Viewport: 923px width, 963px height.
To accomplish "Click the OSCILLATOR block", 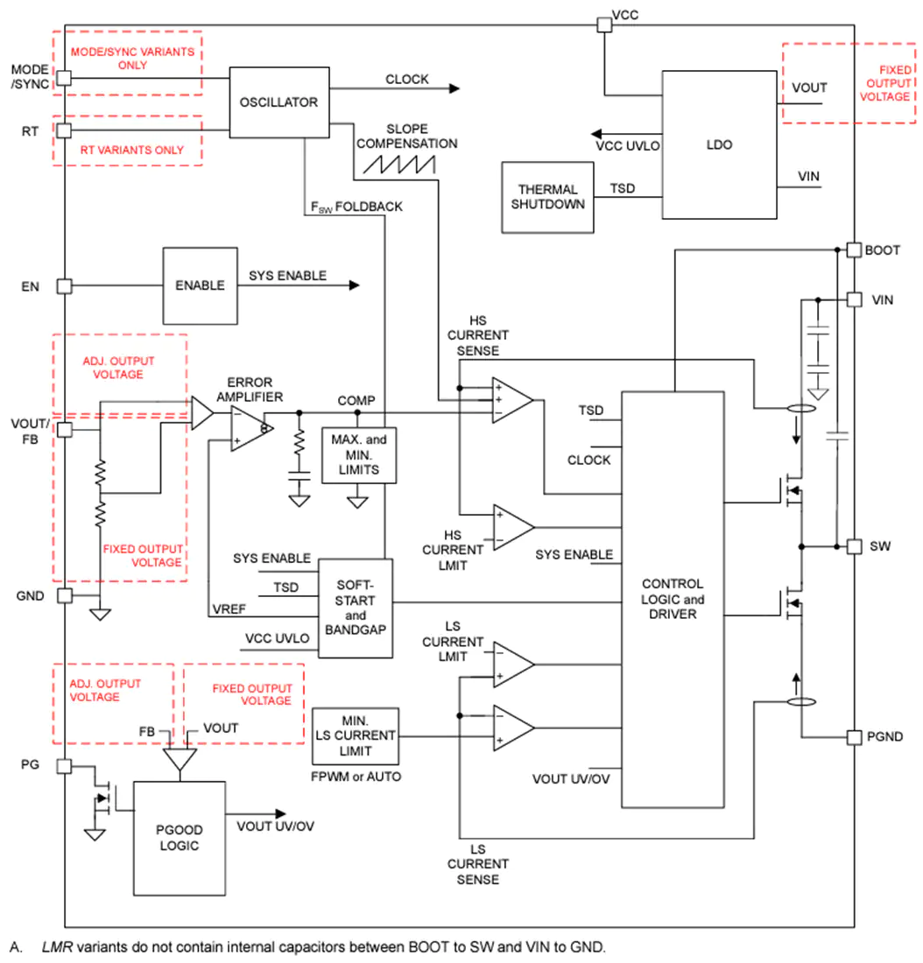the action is click(279, 102).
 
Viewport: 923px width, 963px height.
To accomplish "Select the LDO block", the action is click(719, 144).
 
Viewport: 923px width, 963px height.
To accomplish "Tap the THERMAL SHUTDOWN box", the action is click(547, 197).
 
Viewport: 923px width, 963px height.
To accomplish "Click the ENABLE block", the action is click(200, 285).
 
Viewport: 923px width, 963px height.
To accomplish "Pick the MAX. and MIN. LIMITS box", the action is click(359, 455).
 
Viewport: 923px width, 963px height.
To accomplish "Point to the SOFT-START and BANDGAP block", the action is click(356, 608).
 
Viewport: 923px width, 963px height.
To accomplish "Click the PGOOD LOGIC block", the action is click(180, 838).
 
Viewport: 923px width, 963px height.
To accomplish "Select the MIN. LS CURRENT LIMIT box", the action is click(356, 735).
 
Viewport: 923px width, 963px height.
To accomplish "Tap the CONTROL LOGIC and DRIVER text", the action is click(673, 599).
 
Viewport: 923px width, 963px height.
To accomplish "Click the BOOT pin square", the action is click(854, 250).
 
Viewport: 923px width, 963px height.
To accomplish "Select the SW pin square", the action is click(854, 546).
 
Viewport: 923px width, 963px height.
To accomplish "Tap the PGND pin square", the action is click(854, 737).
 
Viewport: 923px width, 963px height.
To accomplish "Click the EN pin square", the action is click(65, 286).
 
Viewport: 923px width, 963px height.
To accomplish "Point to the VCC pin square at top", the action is click(605, 25).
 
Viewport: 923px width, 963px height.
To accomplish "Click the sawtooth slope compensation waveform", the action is click(399, 164).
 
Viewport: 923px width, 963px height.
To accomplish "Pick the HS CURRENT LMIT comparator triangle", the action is click(514, 528).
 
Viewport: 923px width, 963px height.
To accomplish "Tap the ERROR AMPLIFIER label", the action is click(250, 390).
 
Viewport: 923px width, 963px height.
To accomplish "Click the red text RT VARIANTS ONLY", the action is click(132, 150).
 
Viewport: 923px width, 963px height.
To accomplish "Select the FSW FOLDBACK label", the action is click(356, 207).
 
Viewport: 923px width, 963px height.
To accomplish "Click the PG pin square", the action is click(65, 766).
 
